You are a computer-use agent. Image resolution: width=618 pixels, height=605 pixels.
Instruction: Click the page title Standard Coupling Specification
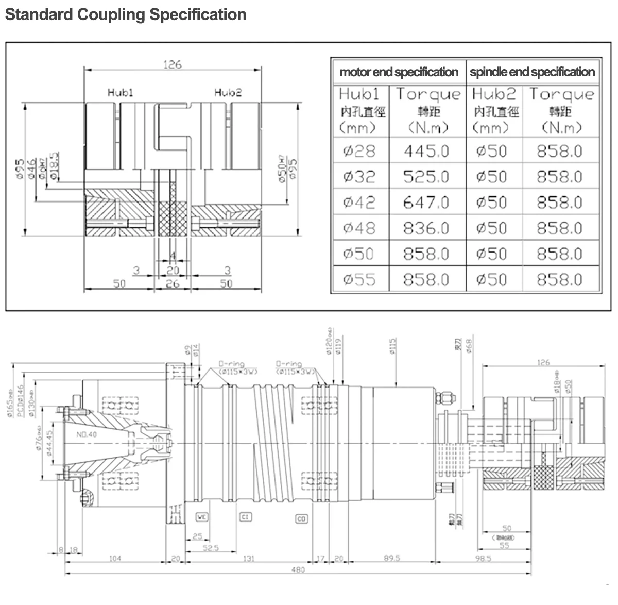pyautogui.click(x=125, y=14)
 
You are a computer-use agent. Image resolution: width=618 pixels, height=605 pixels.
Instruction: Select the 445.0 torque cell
pyautogui.click(x=426, y=151)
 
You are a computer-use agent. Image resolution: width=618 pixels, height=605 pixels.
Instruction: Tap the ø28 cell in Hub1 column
pyautogui.click(x=359, y=151)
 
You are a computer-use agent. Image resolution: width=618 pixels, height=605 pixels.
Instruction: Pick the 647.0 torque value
pyautogui.click(x=426, y=202)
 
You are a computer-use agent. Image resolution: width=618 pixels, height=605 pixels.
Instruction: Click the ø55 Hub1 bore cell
pyautogui.click(x=359, y=279)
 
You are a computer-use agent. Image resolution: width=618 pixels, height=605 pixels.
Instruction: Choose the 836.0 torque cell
pyautogui.click(x=426, y=228)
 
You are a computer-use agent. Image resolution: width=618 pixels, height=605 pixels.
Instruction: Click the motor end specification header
pyautogui.click(x=399, y=72)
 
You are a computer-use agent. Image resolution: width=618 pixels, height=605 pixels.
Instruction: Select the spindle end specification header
pyautogui.click(x=532, y=72)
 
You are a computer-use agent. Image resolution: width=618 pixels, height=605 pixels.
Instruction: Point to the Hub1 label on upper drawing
pyautogui.click(x=121, y=93)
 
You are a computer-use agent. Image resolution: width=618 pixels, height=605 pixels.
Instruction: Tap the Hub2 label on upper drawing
pyautogui.click(x=228, y=93)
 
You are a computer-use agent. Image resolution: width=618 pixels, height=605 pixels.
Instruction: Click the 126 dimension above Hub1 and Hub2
pyautogui.click(x=173, y=65)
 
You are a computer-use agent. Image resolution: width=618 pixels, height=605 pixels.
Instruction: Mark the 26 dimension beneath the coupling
pyautogui.click(x=173, y=283)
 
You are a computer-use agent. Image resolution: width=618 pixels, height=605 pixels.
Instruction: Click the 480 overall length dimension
pyautogui.click(x=298, y=569)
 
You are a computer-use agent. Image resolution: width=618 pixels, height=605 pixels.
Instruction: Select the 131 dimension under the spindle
pyautogui.click(x=249, y=558)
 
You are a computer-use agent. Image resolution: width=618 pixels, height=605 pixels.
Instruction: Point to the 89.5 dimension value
pyautogui.click(x=392, y=558)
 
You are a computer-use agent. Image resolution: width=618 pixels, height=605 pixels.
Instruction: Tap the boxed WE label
pyautogui.click(x=202, y=516)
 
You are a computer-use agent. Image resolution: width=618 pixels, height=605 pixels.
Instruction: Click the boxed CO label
pyautogui.click(x=302, y=518)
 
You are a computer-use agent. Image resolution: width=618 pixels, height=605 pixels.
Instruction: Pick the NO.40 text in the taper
pyautogui.click(x=88, y=434)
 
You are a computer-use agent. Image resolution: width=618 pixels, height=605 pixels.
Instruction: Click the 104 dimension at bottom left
pyautogui.click(x=115, y=558)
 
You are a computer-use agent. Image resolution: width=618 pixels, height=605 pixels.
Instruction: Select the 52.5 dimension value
pyautogui.click(x=211, y=548)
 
